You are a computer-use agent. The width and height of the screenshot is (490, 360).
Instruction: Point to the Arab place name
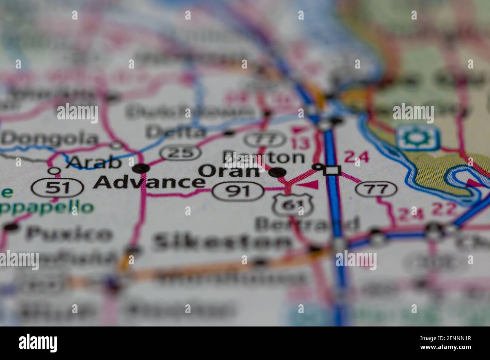click(93, 162)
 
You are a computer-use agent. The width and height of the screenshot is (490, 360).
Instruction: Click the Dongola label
click(49, 139)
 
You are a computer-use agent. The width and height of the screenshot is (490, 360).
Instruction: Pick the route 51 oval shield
click(57, 187)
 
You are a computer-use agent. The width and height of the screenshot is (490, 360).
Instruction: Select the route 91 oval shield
click(238, 191)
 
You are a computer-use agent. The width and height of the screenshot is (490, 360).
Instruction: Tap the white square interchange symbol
click(332, 171)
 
